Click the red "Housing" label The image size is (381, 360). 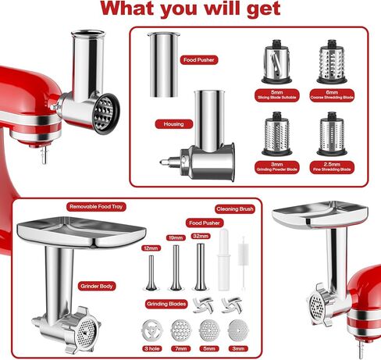pyautogui.click(x=173, y=123)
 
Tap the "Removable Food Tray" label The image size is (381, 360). pyautogui.click(x=97, y=206)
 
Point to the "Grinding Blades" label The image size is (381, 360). pyautogui.click(x=165, y=302)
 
